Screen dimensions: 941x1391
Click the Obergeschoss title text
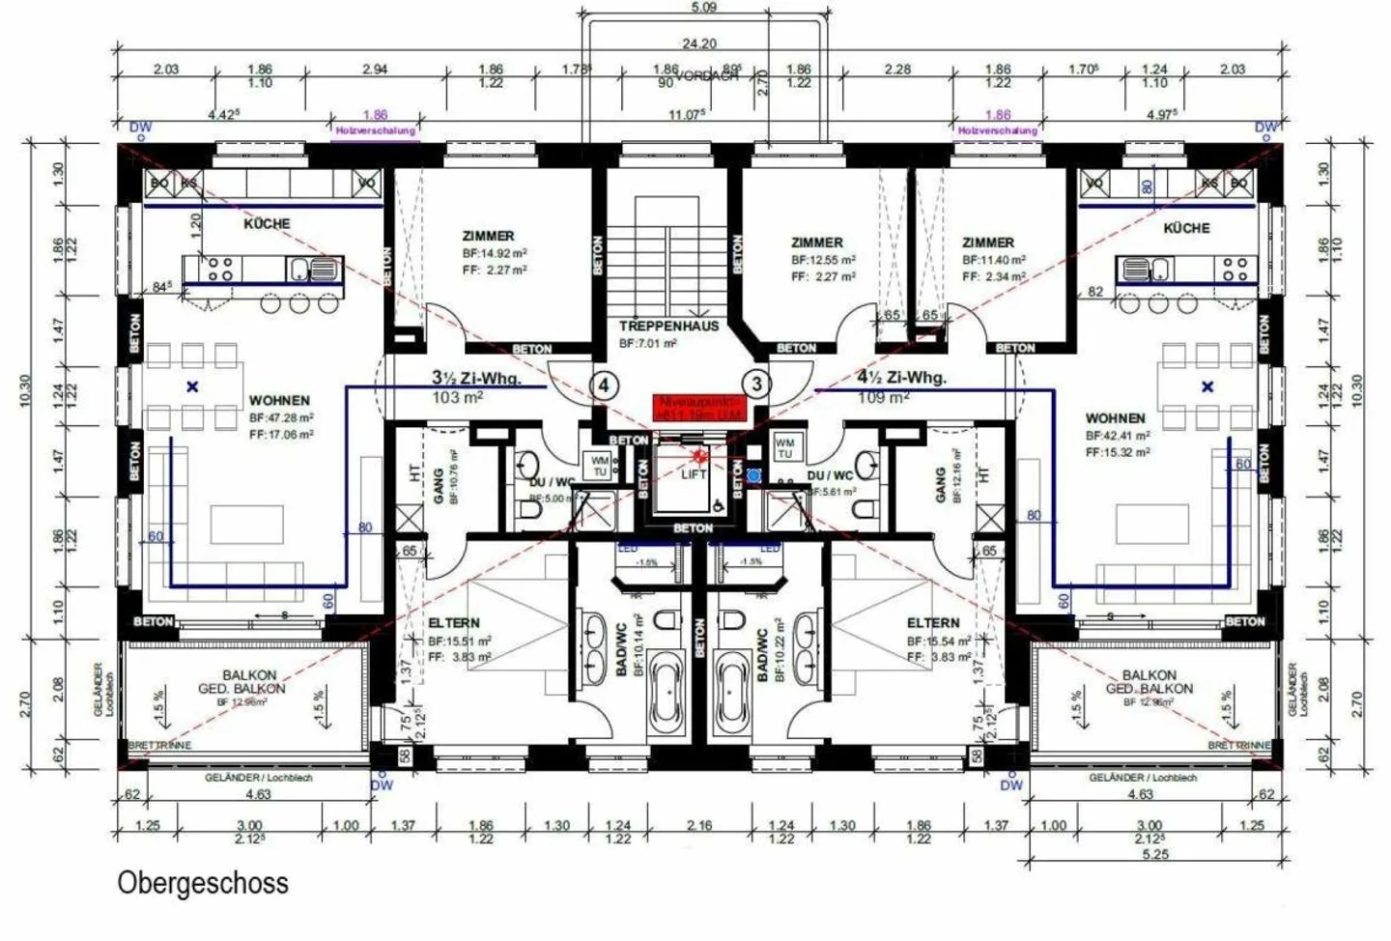coord(203,882)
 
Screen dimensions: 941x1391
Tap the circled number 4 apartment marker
coord(604,385)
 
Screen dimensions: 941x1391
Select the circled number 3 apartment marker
coord(756,385)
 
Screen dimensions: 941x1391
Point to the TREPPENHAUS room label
coord(668,327)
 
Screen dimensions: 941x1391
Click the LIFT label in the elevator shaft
coord(694,473)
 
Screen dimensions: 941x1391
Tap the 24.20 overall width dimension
coord(698,43)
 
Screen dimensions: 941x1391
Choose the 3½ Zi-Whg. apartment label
coord(475,378)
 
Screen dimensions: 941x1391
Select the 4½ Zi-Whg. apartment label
coord(901,378)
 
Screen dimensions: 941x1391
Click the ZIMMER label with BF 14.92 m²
coord(488,236)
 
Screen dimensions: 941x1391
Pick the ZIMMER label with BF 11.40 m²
coord(988,242)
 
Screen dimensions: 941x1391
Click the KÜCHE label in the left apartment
coord(267,223)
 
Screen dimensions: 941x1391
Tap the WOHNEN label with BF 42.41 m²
coord(1115,418)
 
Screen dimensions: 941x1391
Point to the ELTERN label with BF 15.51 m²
coord(454,623)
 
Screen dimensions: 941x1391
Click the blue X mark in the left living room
coord(193,386)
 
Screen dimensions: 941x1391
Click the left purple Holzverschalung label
coord(376,130)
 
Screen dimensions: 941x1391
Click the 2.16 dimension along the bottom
coord(698,826)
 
